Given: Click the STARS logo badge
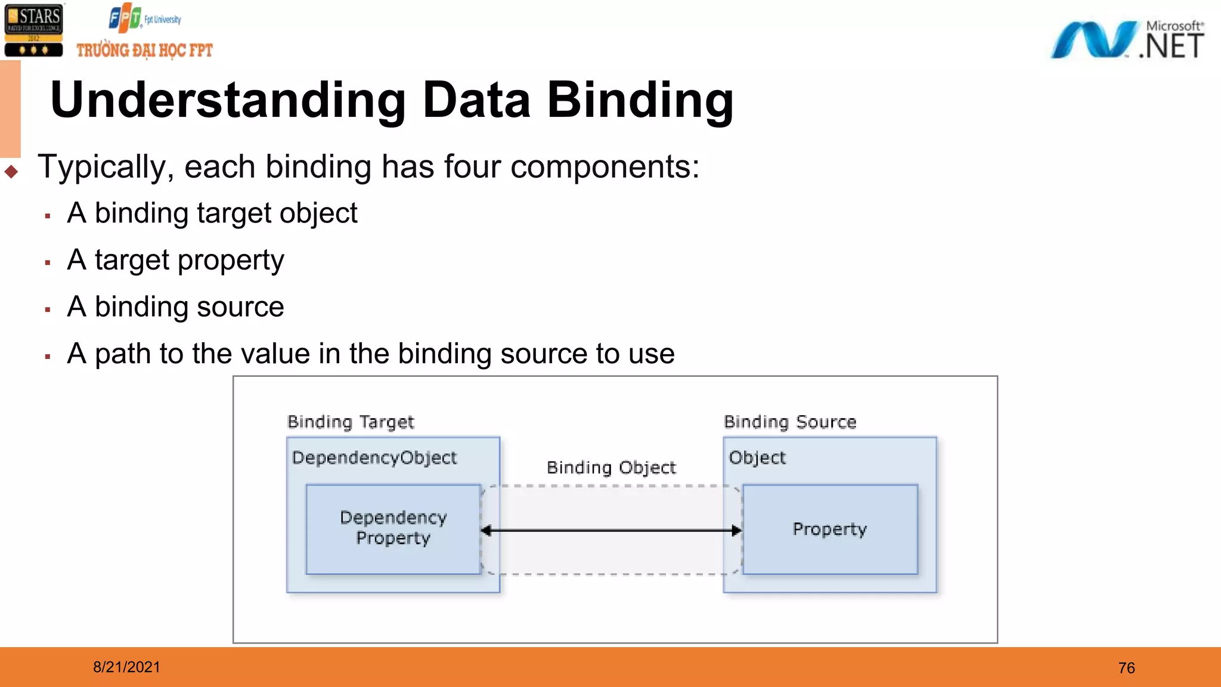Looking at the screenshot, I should coord(33,30).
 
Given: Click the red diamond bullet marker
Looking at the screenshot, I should coord(11,172).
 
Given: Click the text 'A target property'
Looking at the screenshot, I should coord(175,260).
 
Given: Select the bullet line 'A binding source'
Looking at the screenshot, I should coord(175,307).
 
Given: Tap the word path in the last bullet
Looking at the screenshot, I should coord(122,354).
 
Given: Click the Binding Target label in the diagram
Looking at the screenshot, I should coord(351,422).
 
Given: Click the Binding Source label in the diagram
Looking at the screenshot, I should coord(790,422).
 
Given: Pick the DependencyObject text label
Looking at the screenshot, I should coord(374,457).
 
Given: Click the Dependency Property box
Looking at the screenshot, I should coord(393,528).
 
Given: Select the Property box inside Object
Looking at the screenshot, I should coord(829,529).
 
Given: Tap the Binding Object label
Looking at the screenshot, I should coord(611,468).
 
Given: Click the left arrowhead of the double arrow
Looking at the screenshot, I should coord(486,530).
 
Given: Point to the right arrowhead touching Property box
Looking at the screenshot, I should coord(736,530).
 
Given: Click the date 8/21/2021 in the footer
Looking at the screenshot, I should coord(126,667).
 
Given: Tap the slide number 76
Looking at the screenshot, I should coord(1126,668).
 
